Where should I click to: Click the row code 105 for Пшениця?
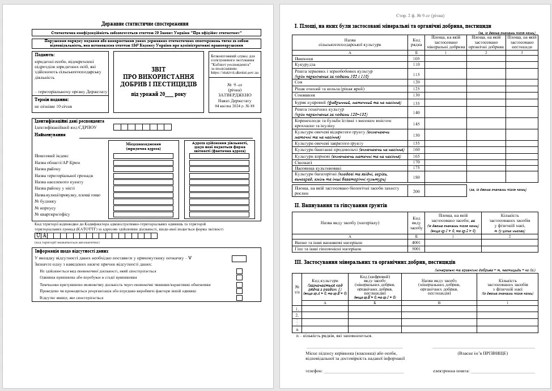pyautogui.click(x=416, y=58)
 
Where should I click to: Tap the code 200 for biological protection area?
pyautogui.click(x=416, y=191)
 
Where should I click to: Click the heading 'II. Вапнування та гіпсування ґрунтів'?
pyautogui.click(x=340, y=205)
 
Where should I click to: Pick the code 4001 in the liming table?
pyautogui.click(x=416, y=242)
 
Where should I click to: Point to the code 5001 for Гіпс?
pyautogui.click(x=416, y=249)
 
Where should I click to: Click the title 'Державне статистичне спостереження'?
pyautogui.click(x=145, y=24)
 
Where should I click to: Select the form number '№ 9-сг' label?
pyautogui.click(x=233, y=83)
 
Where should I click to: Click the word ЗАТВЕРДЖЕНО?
pyautogui.click(x=233, y=95)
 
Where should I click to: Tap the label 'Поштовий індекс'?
pyautogui.click(x=52, y=155)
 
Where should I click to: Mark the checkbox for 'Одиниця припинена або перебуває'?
pyautogui.click(x=239, y=278)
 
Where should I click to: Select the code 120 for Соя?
pyautogui.click(x=416, y=82)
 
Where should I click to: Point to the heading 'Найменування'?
pyautogui.click(x=49, y=134)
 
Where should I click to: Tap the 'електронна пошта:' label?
pyautogui.click(x=451, y=371)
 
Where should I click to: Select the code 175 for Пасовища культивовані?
pyautogui.click(x=416, y=167)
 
